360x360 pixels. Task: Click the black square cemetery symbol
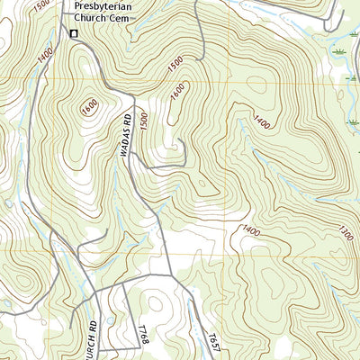(x=74, y=34)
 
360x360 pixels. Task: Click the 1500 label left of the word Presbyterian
(x=40, y=5)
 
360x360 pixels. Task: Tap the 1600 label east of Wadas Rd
(x=176, y=92)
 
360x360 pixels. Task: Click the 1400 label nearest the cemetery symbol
(x=45, y=55)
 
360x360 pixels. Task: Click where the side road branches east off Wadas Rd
(x=132, y=154)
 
